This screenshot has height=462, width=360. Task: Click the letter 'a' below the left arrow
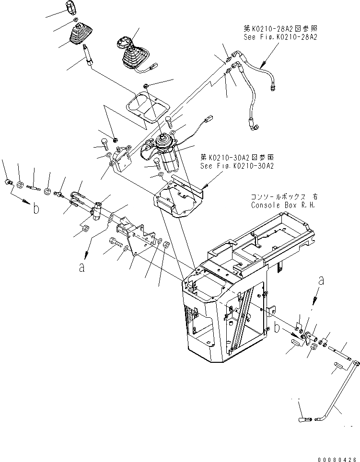82,268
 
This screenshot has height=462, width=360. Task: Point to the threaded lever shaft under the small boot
88,55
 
